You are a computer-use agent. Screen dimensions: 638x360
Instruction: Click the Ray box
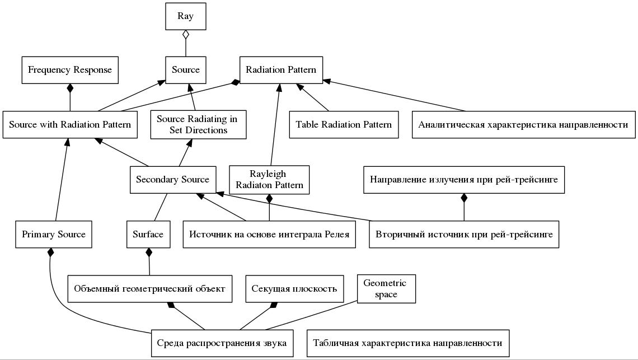coord(186,16)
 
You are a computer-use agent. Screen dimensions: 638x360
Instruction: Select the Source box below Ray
coord(186,70)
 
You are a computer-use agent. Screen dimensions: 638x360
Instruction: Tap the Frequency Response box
coord(70,70)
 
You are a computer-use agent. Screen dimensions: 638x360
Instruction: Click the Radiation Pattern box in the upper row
coord(281,70)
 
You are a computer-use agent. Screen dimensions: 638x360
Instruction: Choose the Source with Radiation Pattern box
coord(70,125)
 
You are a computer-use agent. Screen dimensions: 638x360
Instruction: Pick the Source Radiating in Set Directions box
coord(198,125)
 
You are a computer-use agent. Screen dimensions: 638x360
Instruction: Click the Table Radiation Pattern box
coord(344,125)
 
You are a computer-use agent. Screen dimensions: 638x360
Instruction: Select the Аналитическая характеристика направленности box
coord(524,125)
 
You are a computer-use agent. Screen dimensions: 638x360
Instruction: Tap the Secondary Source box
coord(173,180)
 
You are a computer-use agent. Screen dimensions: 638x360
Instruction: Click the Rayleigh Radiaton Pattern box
coord(269,180)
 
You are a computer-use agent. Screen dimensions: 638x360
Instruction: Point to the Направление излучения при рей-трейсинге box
coord(464,180)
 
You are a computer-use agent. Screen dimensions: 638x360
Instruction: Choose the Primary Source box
coord(54,234)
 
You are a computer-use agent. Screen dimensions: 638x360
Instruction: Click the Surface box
coord(148,234)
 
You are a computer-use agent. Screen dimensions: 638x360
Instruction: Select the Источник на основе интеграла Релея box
coord(269,234)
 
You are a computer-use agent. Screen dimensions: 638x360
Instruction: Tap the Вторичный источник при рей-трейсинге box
coord(465,234)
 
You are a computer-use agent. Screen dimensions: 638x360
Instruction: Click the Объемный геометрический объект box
coord(150,289)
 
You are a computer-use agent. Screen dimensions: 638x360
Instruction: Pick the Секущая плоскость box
coord(294,289)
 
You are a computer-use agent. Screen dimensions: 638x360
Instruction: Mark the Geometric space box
coord(387,289)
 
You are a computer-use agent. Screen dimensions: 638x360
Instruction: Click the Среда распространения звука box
coord(222,343)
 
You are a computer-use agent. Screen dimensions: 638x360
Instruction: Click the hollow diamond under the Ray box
coord(186,35)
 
